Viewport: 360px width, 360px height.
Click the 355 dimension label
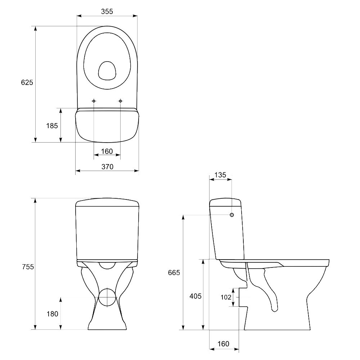click(x=107, y=12)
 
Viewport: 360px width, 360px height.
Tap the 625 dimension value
click(x=27, y=82)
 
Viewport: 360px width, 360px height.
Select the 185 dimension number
click(x=52, y=126)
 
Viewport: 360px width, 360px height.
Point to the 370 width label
click(x=107, y=167)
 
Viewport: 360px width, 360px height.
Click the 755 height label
click(x=28, y=267)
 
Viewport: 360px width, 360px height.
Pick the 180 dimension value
click(x=52, y=314)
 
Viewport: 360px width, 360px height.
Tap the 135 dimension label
click(x=220, y=175)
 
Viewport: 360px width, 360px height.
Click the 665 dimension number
click(x=174, y=273)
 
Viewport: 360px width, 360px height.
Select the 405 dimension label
click(x=195, y=296)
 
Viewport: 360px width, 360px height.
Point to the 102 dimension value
click(x=226, y=297)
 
